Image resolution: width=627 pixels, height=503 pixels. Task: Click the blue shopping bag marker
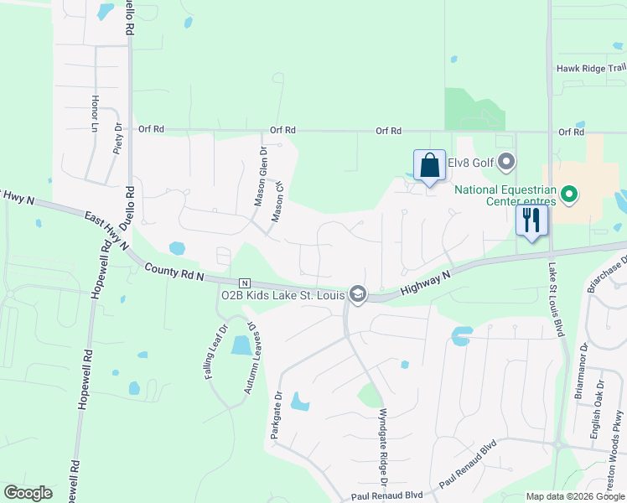coord(429,165)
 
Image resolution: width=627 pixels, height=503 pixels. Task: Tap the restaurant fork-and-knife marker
coord(531,220)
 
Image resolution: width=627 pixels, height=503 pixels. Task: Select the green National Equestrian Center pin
coord(569,195)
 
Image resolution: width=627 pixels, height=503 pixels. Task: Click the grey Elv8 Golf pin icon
coord(505,161)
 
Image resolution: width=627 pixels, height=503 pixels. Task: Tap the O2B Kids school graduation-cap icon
coord(358,293)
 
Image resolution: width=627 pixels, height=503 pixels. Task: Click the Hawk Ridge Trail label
coord(591,69)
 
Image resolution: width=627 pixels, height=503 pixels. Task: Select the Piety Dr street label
coord(117,138)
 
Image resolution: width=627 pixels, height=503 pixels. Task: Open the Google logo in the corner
coord(28,493)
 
